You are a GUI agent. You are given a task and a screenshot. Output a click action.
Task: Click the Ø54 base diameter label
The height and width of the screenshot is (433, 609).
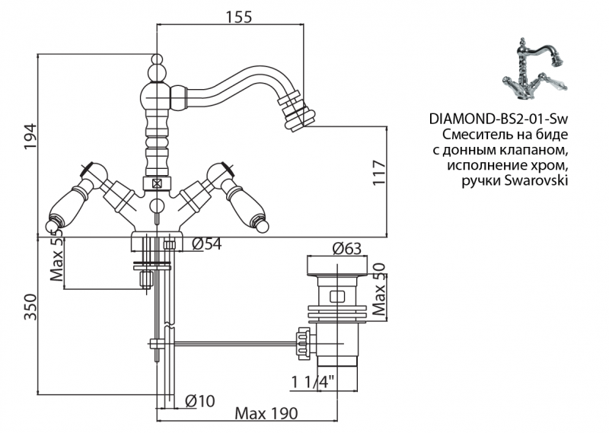pos(206,244)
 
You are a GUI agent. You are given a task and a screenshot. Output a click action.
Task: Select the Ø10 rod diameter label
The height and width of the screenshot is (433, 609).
pos(199,400)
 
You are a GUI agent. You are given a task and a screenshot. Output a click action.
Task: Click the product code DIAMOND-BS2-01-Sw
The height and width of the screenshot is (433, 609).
pos(499,119)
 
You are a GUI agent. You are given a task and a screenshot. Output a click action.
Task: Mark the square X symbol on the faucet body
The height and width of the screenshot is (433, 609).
pos(157,183)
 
